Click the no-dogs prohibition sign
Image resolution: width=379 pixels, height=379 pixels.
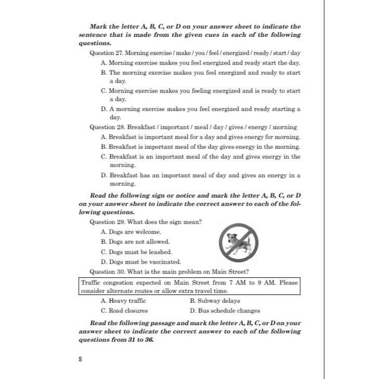tap(238, 243)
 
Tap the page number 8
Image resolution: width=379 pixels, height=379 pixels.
tap(80, 358)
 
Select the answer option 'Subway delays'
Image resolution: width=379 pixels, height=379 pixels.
tap(215, 301)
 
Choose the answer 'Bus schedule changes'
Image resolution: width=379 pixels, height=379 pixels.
tap(224, 311)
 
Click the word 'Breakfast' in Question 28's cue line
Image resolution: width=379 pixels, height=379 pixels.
tap(142, 127)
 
